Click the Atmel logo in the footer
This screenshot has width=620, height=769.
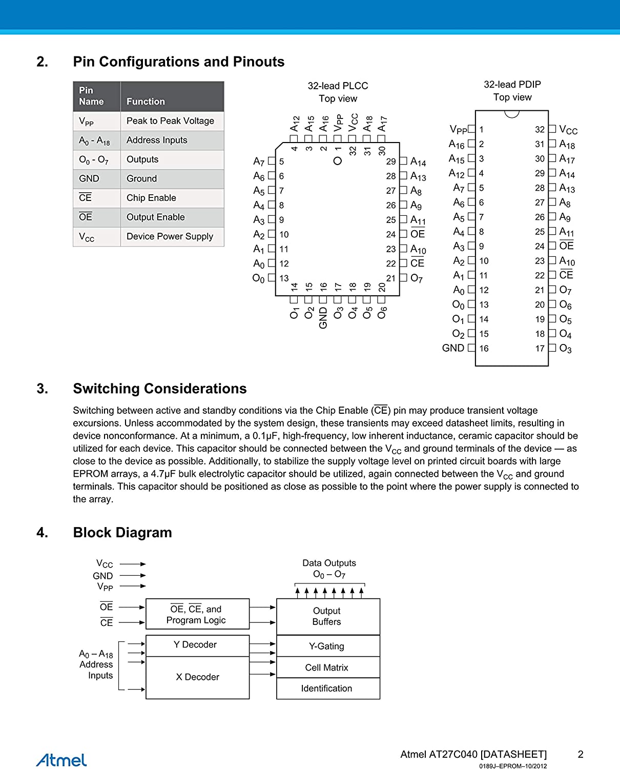[61, 760]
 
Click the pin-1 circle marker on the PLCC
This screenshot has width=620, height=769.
[338, 161]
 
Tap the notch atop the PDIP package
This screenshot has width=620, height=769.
[512, 114]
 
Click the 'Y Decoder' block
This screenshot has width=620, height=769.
[197, 645]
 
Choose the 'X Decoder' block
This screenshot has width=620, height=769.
[197, 677]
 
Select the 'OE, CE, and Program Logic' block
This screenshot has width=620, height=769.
[197, 614]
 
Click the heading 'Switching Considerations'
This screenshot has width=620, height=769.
[159, 389]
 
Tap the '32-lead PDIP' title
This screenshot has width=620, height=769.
[512, 85]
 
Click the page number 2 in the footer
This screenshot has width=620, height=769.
[581, 754]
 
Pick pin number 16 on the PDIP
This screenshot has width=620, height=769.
[484, 349]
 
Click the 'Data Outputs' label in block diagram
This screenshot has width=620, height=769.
[329, 563]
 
